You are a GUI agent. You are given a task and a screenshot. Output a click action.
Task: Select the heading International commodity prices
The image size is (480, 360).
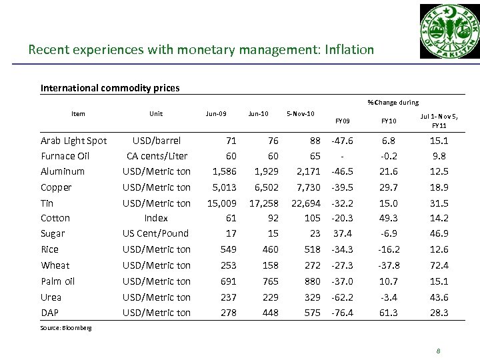pos(110,87)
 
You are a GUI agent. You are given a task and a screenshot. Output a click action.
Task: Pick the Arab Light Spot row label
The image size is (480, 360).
pos(74,141)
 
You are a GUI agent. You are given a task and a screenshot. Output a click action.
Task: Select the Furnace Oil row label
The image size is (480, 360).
pos(65,156)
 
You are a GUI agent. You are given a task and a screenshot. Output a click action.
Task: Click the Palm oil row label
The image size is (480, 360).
pos(58,281)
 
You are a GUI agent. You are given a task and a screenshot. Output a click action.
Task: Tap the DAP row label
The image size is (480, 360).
pos(50,313)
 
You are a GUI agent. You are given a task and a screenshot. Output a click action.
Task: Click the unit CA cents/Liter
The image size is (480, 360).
pos(156,156)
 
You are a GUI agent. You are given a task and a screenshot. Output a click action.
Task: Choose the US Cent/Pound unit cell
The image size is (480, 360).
pos(156,233)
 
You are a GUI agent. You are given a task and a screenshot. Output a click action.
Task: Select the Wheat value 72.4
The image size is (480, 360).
pos(439,265)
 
